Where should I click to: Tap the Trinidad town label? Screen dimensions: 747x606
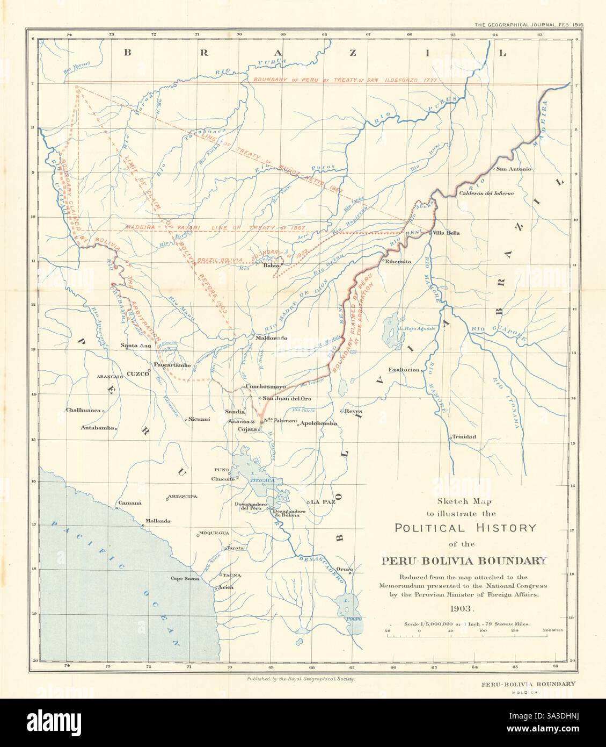464,436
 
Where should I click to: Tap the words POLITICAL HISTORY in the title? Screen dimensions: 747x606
465,527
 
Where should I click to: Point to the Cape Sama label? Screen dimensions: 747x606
185,579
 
